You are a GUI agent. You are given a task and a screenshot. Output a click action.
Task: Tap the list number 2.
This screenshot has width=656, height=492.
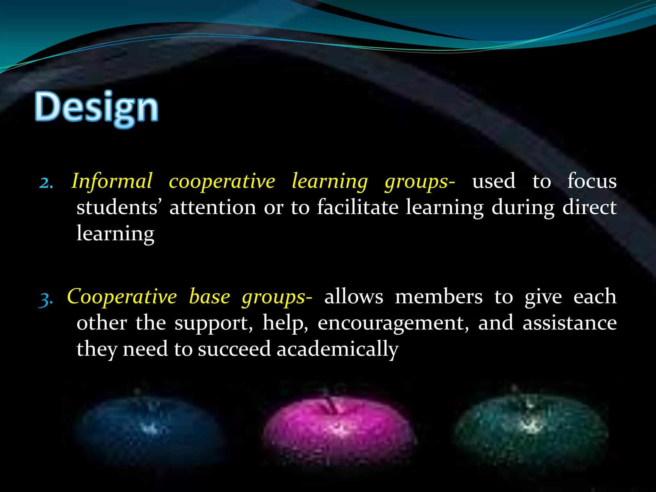[x=46, y=183]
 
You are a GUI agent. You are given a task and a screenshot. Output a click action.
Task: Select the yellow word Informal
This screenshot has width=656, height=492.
[x=112, y=181]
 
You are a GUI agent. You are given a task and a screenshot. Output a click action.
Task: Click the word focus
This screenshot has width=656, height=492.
[x=592, y=181]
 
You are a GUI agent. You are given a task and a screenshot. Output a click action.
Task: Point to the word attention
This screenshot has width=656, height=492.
[x=213, y=208]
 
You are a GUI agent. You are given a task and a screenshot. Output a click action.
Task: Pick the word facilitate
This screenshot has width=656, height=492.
[x=357, y=207]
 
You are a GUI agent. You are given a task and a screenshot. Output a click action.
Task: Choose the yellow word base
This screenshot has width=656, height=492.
[x=209, y=297]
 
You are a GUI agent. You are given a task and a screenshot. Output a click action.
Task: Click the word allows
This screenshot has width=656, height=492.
[x=354, y=297]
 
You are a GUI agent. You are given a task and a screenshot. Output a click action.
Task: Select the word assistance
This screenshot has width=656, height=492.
[x=570, y=323]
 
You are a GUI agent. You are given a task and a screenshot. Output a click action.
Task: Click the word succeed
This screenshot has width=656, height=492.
[x=234, y=349]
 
